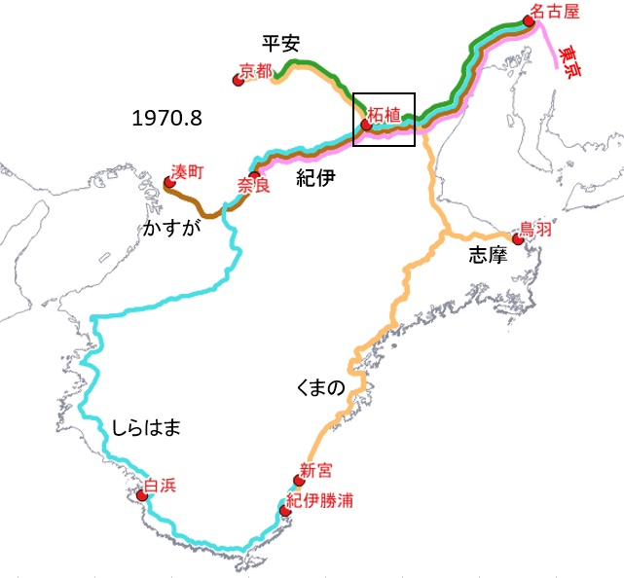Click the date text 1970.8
pos(166,119)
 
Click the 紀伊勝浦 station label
pos(319,500)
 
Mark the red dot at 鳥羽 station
pos(517,237)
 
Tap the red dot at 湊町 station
pos(169,182)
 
